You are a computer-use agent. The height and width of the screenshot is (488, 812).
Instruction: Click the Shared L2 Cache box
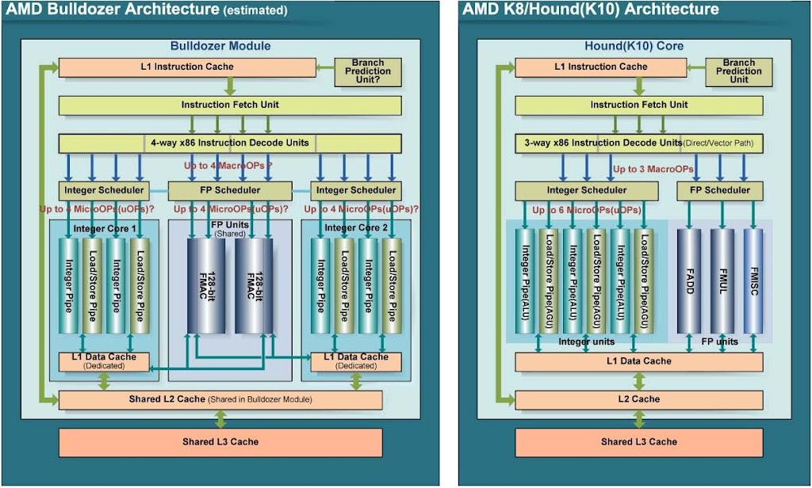[220, 399]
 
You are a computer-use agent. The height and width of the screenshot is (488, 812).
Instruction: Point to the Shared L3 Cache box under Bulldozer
[220, 441]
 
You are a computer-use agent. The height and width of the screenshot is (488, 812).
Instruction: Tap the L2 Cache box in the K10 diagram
[639, 399]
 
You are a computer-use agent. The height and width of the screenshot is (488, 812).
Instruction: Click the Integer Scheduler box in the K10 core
[587, 190]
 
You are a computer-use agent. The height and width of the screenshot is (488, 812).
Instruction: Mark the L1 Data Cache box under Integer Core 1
[104, 361]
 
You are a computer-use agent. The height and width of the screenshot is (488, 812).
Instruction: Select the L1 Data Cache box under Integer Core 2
[356, 361]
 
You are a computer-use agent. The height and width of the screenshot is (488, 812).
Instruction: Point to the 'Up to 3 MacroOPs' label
[653, 169]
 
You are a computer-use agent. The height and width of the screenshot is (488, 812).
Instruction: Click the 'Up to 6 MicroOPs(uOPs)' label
[585, 211]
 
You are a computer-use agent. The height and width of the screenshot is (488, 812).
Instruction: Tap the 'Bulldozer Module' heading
[220, 46]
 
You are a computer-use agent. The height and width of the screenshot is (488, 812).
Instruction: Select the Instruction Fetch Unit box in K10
[639, 105]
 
